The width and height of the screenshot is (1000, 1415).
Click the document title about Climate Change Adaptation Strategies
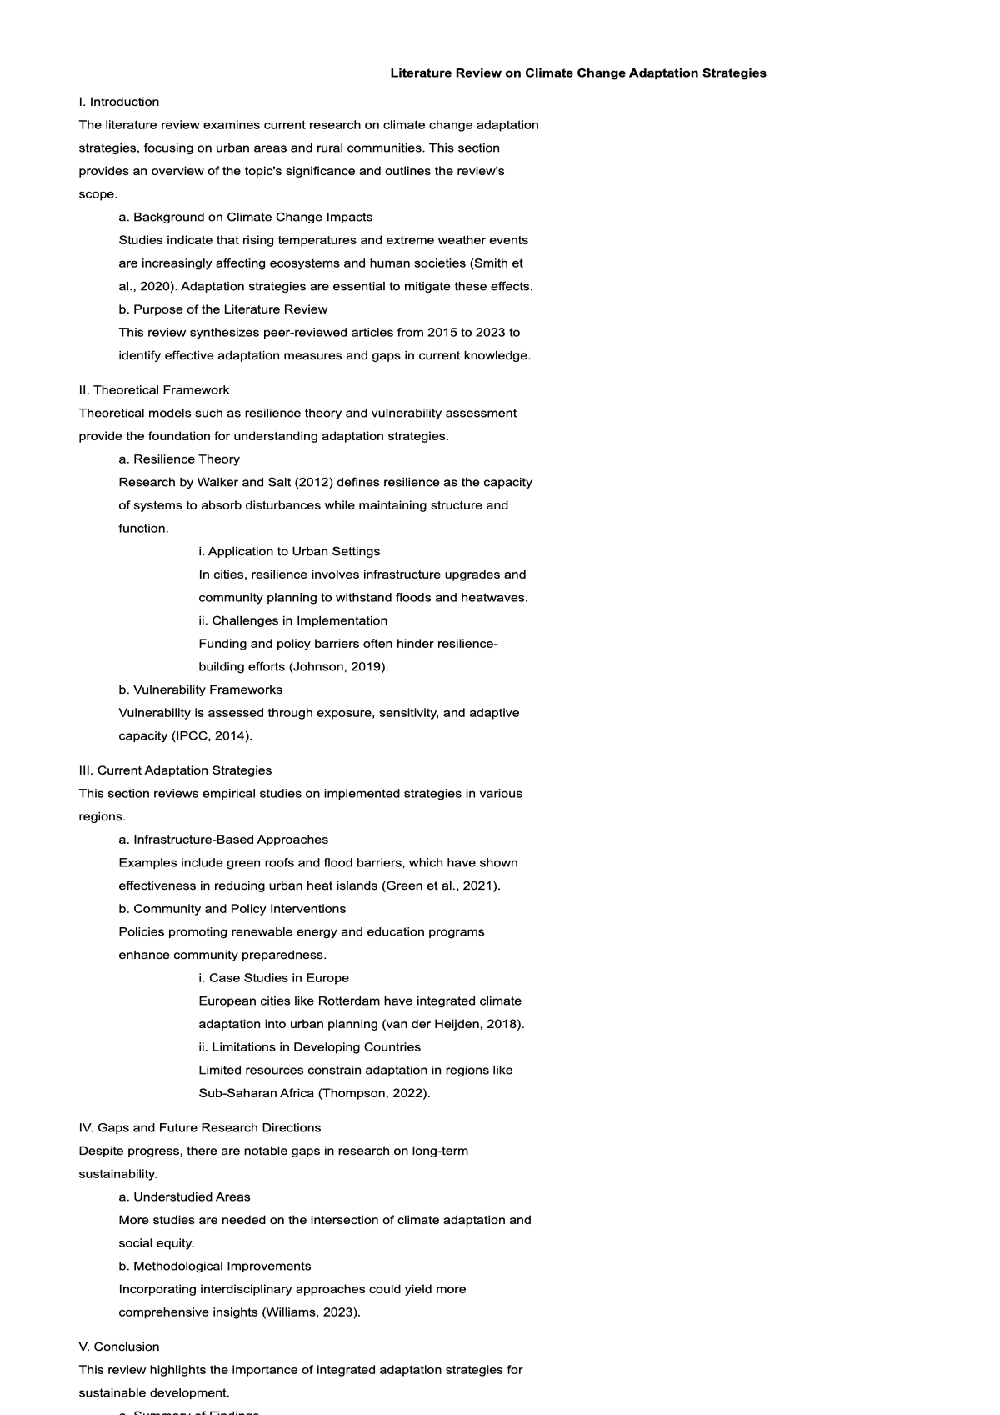click(578, 73)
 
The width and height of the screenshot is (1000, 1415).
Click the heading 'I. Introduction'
click(119, 102)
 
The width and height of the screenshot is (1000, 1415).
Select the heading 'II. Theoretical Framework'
click(154, 390)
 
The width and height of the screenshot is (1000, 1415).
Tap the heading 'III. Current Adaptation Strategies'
click(175, 770)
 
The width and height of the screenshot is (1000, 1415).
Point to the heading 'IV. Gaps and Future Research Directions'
click(200, 1128)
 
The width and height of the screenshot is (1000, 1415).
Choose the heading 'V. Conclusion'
click(119, 1347)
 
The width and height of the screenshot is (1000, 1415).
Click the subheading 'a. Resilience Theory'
click(179, 459)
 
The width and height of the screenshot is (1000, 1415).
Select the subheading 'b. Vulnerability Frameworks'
click(201, 690)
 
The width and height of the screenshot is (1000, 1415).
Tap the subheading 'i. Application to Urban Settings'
click(289, 551)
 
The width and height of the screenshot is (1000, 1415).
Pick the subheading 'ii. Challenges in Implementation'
click(293, 620)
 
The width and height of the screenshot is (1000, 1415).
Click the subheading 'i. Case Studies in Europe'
click(274, 978)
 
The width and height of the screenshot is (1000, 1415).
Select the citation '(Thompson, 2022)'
click(374, 1093)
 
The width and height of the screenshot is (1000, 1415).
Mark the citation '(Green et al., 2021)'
click(441, 886)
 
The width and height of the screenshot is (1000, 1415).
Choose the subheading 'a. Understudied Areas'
click(184, 1197)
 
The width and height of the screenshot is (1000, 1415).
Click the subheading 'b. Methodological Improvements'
click(215, 1267)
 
